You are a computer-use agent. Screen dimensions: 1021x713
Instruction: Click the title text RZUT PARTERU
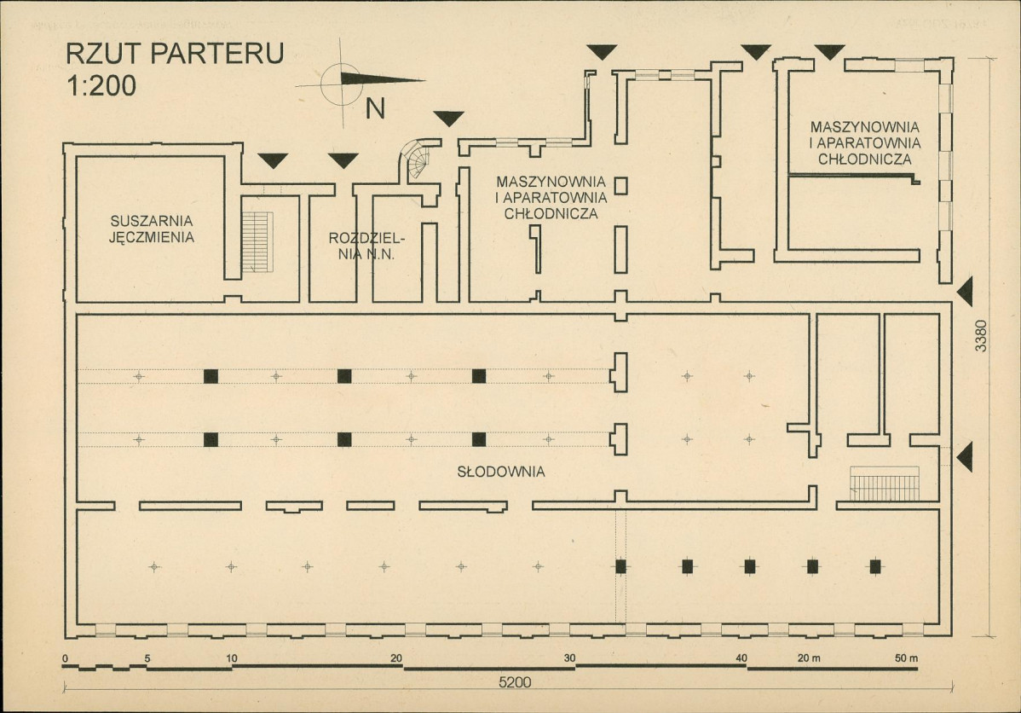[x=175, y=54]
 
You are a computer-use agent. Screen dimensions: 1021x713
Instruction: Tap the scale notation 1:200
[x=101, y=85]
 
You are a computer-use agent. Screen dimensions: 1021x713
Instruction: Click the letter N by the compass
[x=375, y=109]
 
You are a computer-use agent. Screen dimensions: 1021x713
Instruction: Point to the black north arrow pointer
[x=382, y=79]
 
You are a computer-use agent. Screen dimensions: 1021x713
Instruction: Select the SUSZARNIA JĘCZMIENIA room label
[x=151, y=229]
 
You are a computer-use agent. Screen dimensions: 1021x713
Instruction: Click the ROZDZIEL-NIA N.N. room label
[x=366, y=246]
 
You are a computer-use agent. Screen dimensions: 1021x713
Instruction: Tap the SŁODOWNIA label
[x=501, y=472]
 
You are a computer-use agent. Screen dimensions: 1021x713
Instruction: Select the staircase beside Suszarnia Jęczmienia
[x=257, y=242]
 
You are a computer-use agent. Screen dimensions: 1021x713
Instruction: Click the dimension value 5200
[x=515, y=682]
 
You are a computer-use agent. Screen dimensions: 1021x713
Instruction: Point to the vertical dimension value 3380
[x=981, y=336]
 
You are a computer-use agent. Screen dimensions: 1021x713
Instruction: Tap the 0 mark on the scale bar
[x=65, y=659]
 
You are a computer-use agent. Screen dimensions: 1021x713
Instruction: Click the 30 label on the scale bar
[x=570, y=658]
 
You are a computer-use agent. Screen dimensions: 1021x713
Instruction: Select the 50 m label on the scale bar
[x=906, y=658]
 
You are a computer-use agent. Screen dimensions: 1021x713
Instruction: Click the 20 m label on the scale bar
[x=809, y=658]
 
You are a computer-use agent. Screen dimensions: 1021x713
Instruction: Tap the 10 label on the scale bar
[x=232, y=658]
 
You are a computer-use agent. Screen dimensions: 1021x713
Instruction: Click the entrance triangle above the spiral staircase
[x=448, y=119]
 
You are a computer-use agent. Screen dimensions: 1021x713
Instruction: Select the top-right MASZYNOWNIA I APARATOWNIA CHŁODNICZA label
[x=865, y=142]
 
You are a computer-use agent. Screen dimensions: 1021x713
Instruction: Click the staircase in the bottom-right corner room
[x=885, y=484]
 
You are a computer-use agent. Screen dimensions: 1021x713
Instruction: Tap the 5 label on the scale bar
[x=147, y=658]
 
